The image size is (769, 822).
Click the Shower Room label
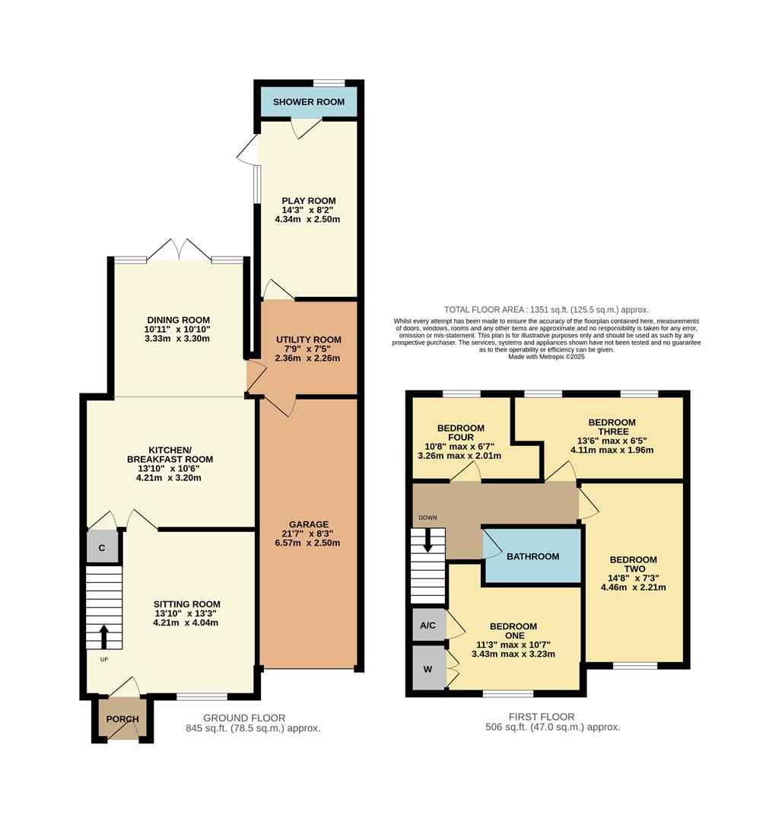pyautogui.click(x=308, y=102)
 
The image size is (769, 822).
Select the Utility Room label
pyautogui.click(x=308, y=339)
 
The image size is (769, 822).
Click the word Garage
pyautogui.click(x=308, y=524)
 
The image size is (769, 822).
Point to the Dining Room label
pyautogui.click(x=177, y=320)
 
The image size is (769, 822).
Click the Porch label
pyautogui.click(x=122, y=719)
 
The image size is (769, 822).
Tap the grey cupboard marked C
pyautogui.click(x=102, y=547)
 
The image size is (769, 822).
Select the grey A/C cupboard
pyautogui.click(x=428, y=626)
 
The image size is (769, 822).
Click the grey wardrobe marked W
pyautogui.click(x=428, y=669)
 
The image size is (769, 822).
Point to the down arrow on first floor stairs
pyautogui.click(x=427, y=540)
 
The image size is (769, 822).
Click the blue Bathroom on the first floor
pyautogui.click(x=532, y=556)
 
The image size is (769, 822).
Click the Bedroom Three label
pyautogui.click(x=612, y=427)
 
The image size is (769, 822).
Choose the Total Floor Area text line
pyautogui.click(x=546, y=310)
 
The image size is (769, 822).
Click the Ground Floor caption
pyautogui.click(x=244, y=718)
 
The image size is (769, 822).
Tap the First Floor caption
pyautogui.click(x=541, y=716)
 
